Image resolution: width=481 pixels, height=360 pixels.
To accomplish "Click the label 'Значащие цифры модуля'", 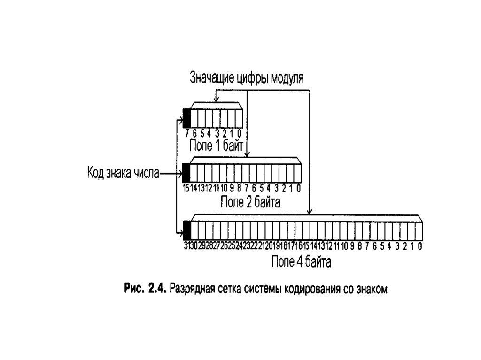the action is pyautogui.click(x=247, y=77).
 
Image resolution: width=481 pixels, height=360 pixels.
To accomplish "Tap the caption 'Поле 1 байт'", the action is pyautogui.click(x=216, y=145).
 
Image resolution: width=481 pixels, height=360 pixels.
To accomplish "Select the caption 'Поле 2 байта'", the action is pyautogui.click(x=250, y=202).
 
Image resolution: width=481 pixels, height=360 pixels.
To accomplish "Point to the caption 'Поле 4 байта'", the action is pyautogui.click(x=301, y=262).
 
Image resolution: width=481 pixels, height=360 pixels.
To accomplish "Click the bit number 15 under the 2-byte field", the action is pyautogui.click(x=186, y=189).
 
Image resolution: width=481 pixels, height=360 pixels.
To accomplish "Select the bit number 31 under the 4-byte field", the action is pyautogui.click(x=186, y=245).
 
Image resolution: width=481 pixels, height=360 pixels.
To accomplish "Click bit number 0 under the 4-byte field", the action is pyautogui.click(x=419, y=245).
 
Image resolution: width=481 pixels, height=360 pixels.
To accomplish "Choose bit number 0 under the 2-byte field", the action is pyautogui.click(x=298, y=189).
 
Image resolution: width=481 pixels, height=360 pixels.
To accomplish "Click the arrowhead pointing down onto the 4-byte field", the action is pyautogui.click(x=309, y=211).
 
